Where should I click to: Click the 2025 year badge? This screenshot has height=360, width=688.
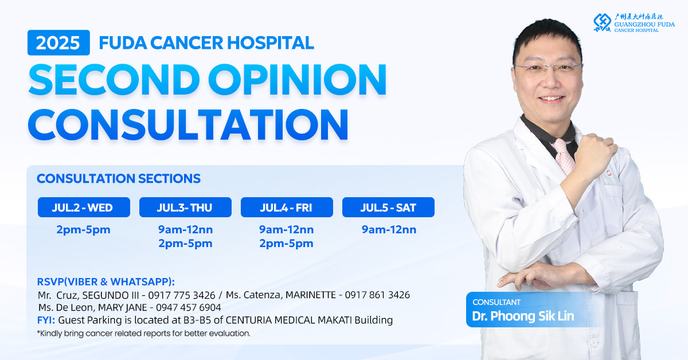point(58,42)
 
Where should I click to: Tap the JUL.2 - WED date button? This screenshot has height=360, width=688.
point(84,208)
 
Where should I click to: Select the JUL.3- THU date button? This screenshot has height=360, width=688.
point(185,208)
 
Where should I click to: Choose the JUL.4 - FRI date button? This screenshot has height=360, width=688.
point(287,208)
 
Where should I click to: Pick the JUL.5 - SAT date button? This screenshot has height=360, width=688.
point(388,208)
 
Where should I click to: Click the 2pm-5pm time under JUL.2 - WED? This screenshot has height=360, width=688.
point(83,230)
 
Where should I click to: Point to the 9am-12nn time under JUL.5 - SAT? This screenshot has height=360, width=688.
point(389,229)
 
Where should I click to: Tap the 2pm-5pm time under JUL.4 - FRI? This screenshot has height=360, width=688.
point(286,244)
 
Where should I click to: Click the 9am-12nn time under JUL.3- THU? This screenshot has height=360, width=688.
point(186,229)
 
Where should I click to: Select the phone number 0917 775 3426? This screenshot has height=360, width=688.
point(182,295)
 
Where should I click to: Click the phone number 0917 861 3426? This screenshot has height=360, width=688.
point(377,295)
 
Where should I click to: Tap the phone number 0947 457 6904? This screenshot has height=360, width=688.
point(188,307)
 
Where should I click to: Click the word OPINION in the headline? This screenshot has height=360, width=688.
point(297,79)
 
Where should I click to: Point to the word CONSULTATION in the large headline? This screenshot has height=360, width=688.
point(188,124)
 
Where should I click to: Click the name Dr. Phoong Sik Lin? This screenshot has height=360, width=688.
point(523,316)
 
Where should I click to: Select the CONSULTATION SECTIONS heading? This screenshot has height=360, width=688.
point(119,178)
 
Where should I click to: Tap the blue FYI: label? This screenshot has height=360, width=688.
point(46,320)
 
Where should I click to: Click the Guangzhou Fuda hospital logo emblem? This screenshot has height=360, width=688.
point(603,22)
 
